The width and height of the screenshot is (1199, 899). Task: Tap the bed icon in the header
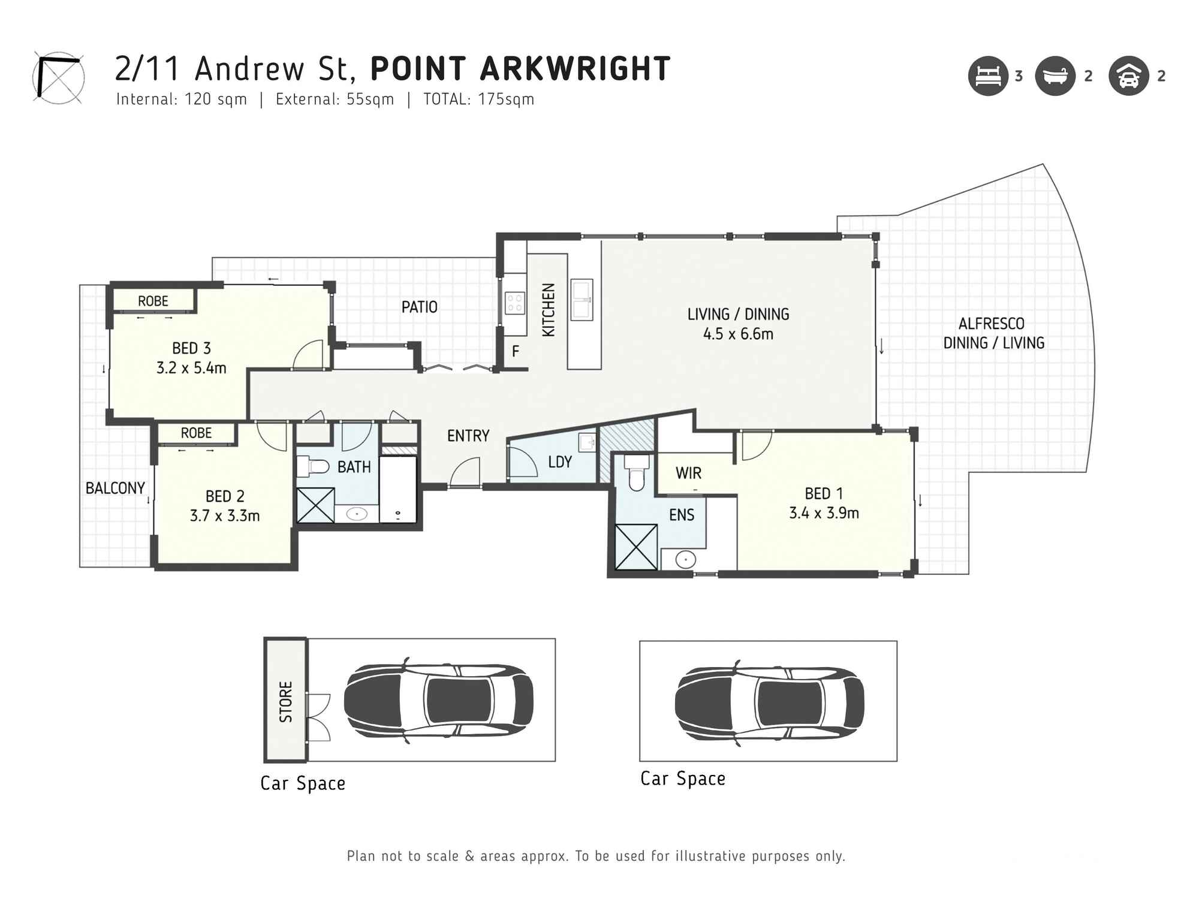[x=987, y=76]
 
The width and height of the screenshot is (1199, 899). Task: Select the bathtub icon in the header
[x=1055, y=76]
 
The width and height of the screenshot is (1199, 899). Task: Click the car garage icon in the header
[x=1128, y=76]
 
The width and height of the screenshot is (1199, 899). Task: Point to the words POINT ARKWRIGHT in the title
[x=520, y=69]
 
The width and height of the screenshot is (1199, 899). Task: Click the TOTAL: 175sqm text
[x=478, y=99]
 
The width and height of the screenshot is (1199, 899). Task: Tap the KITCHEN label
[x=549, y=310]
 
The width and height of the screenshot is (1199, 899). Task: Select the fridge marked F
[x=515, y=352]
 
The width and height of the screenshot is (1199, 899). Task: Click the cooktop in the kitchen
[x=515, y=303]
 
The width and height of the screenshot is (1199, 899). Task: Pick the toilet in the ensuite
[x=636, y=473]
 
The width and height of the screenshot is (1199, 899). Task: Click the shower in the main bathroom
[x=316, y=505]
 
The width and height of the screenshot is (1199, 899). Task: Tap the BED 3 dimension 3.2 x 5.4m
[x=191, y=368]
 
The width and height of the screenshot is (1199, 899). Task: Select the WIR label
[x=688, y=473]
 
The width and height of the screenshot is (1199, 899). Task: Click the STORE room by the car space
[x=286, y=701]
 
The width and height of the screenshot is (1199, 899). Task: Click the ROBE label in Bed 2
[x=197, y=433]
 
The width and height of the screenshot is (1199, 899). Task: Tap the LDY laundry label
[x=560, y=462]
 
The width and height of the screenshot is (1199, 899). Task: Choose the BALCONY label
[x=115, y=488]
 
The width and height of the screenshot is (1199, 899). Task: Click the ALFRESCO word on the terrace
[x=991, y=324]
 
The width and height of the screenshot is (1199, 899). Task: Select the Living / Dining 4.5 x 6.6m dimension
[x=738, y=334]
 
